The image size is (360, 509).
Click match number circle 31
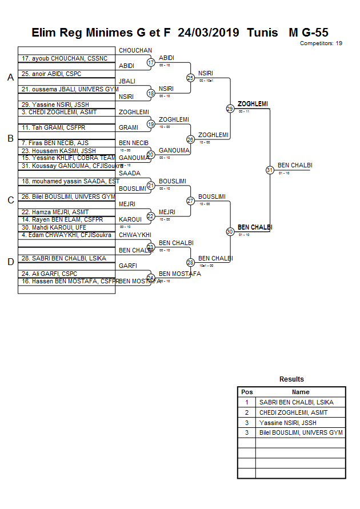tap(270, 170)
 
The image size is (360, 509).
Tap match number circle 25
tap(190, 78)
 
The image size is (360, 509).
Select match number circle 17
tap(151, 62)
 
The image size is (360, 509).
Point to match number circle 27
tap(190, 201)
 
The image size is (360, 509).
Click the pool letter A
tap(10, 77)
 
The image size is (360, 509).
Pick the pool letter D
tap(10, 262)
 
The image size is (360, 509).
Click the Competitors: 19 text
tap(321, 43)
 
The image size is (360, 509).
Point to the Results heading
tap(291, 379)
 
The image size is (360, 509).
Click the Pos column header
tap(247, 392)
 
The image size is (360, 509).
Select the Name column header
tap(301, 392)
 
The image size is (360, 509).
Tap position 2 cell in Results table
tap(247, 412)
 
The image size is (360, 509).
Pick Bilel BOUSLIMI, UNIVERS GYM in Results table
tap(301, 433)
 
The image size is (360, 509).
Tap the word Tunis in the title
tap(262, 33)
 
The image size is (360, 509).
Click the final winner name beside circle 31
tap(295, 166)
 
